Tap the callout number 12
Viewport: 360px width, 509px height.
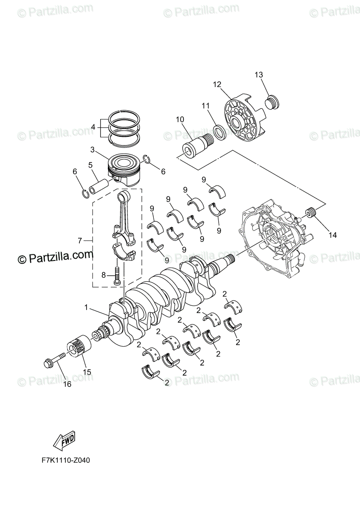pyautogui.click(x=217, y=84)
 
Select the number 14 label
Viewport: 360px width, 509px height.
pyautogui.click(x=332, y=235)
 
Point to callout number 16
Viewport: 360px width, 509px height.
pyautogui.click(x=67, y=384)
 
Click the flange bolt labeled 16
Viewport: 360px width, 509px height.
pyautogui.click(x=54, y=360)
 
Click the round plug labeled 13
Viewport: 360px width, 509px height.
pyautogui.click(x=271, y=103)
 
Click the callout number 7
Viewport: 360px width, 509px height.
pyautogui.click(x=79, y=241)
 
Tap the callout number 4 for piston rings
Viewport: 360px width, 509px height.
pyautogui.click(x=93, y=126)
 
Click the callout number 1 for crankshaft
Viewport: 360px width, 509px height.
pyautogui.click(x=87, y=307)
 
